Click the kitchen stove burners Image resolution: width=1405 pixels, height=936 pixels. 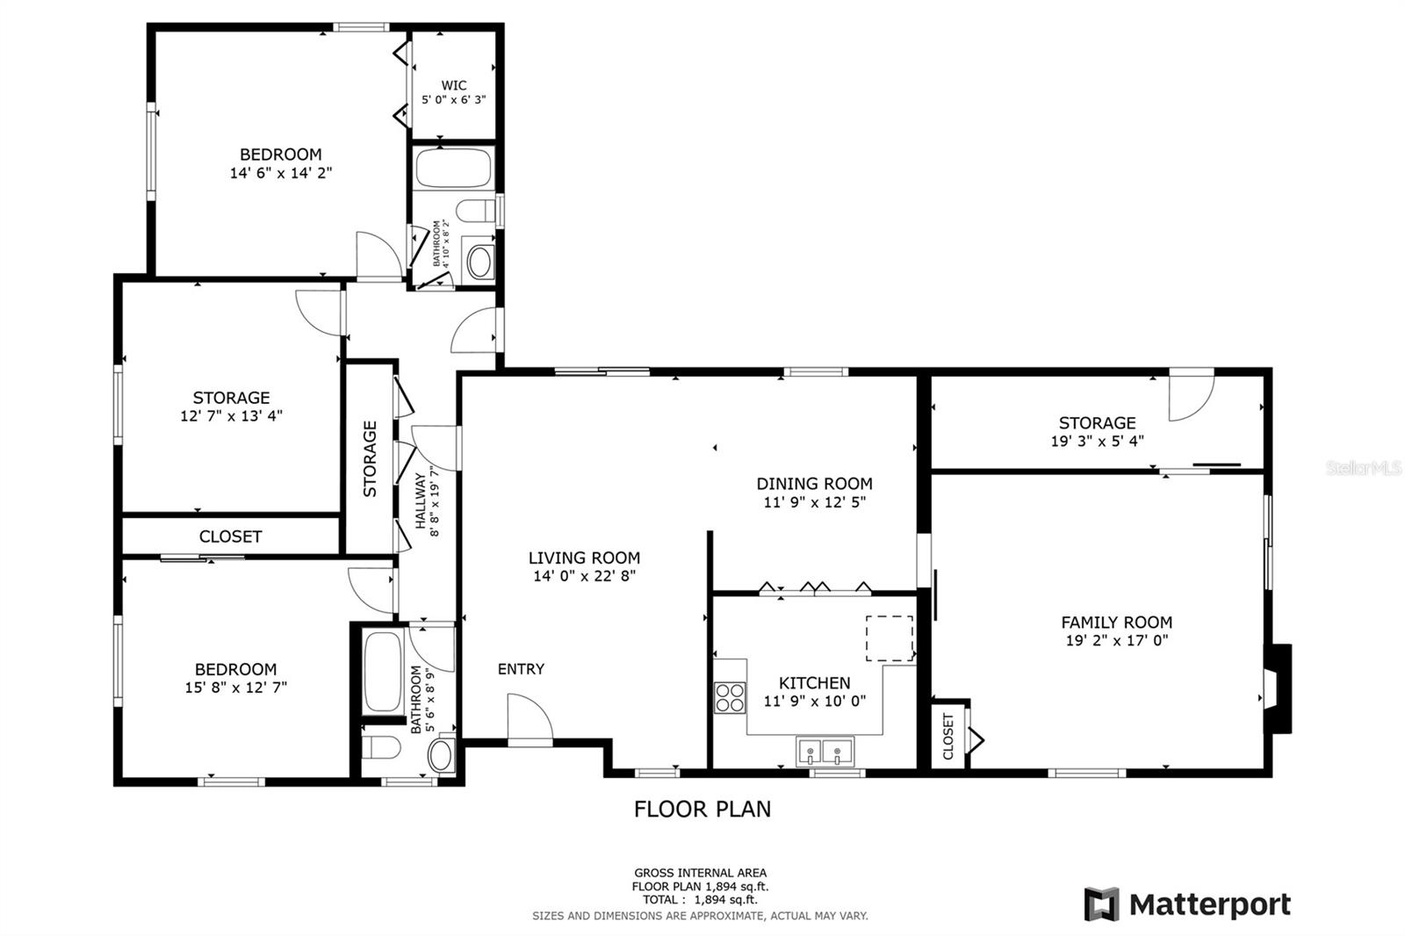730,697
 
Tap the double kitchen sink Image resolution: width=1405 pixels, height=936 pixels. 825,751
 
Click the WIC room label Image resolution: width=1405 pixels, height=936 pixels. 453,85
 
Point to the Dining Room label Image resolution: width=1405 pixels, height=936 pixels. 814,484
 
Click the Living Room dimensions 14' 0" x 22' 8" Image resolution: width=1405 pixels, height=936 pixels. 585,576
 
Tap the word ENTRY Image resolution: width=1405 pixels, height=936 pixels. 521,669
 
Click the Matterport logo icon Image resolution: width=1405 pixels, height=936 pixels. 1102,904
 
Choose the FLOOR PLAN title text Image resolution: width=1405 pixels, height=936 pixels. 702,810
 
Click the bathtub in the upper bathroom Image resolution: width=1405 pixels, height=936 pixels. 453,168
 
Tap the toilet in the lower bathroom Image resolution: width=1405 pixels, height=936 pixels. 382,747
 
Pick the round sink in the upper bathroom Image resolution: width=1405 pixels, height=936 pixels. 479,263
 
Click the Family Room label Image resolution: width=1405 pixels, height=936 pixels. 1116,623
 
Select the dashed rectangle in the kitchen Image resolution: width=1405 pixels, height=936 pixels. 890,638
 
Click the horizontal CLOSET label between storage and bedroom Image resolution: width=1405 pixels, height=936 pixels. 230,536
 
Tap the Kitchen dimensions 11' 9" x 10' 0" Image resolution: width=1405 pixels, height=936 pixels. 815,701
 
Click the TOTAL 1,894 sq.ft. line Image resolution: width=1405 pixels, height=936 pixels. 700,900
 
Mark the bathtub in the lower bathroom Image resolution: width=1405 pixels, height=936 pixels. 383,671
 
